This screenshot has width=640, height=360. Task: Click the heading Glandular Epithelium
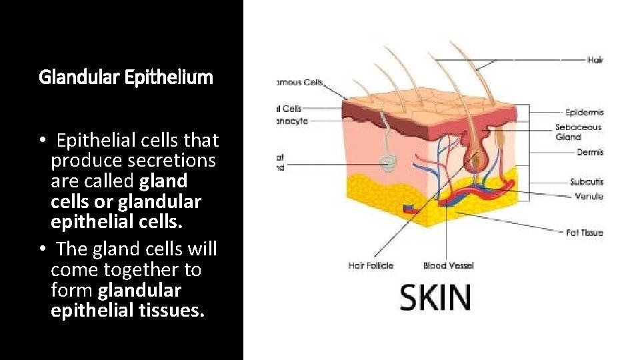[126, 77]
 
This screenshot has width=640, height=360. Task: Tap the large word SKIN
[435, 297]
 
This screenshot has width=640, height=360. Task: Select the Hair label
[595, 60]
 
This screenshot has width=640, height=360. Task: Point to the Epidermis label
[584, 113]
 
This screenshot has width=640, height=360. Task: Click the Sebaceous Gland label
[578, 131]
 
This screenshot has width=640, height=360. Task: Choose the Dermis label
[590, 152]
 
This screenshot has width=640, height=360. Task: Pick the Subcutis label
[587, 181]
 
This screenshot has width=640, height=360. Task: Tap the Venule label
[589, 196]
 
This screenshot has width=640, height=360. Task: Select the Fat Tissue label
[584, 233]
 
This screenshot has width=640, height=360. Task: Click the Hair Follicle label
[371, 265]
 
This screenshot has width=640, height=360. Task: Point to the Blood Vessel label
[448, 265]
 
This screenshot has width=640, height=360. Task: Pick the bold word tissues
[171, 311]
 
